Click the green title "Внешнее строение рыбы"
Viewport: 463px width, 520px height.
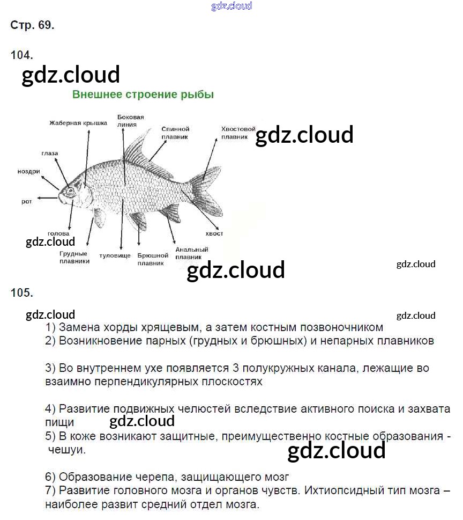tap(143, 95)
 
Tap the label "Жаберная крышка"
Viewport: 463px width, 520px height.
tap(78, 123)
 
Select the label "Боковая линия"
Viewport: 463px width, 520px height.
tap(131, 120)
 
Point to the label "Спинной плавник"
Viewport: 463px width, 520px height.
tap(175, 133)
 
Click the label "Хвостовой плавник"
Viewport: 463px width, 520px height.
tap(238, 133)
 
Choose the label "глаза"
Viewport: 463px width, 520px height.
tap(49, 153)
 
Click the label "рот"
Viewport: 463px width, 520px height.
tap(27, 201)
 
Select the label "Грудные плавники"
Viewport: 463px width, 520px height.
tap(74, 257)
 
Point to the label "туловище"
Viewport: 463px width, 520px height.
tap(115, 256)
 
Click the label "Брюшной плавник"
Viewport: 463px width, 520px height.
tap(153, 259)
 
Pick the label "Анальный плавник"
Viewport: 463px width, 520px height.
tap(191, 253)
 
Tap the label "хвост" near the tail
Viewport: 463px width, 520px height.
tap(214, 233)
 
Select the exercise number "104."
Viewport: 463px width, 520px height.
tap(22, 54)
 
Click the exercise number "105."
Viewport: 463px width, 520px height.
tap(22, 292)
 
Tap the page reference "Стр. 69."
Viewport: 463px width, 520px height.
tap(32, 25)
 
